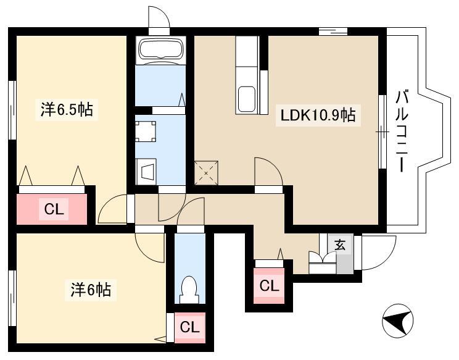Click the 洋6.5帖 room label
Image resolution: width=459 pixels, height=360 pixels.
67,110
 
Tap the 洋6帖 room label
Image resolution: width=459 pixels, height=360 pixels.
91,290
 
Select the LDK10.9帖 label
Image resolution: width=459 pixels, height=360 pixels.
318,115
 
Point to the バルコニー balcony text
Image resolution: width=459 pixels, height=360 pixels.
402,132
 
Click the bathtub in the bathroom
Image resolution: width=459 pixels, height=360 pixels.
160,50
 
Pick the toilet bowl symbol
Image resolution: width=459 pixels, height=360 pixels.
189,290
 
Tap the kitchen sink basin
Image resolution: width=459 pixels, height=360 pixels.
247,99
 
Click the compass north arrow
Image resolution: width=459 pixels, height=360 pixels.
398,320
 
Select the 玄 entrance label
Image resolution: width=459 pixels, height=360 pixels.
340,245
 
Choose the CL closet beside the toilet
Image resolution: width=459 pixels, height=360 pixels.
189,327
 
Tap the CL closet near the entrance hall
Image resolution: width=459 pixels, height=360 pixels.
269,286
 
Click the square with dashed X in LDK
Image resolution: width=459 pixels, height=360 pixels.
206,173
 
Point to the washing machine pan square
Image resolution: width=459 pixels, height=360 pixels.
146,132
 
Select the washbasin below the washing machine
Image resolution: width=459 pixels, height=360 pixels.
146,172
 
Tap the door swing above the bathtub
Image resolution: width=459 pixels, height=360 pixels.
159,17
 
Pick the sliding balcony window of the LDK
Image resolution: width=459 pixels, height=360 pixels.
382,132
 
